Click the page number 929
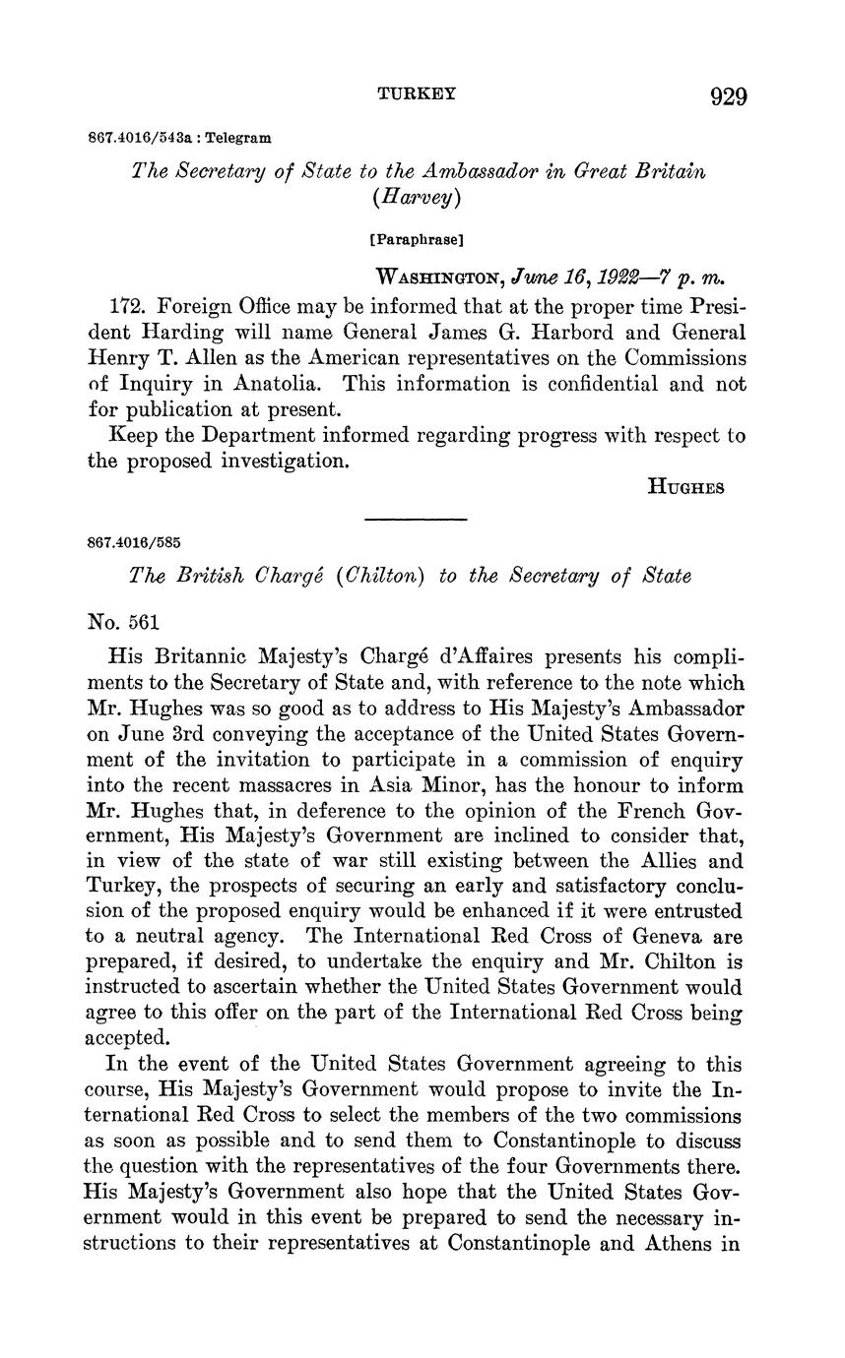(728, 95)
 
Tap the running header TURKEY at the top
(418, 93)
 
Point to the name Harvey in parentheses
(418, 197)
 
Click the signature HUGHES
(685, 486)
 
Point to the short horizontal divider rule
(416, 519)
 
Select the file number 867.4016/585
(134, 542)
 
